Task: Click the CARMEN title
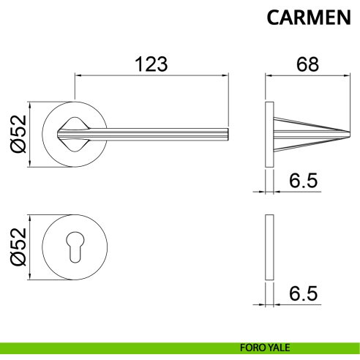tap(309, 18)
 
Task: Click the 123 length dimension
tap(151, 64)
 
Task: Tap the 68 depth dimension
tap(307, 64)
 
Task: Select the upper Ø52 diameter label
tap(18, 134)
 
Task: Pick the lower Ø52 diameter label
tap(18, 247)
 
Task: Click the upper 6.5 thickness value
tap(304, 181)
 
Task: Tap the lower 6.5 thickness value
tap(304, 293)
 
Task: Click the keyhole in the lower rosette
tap(75, 247)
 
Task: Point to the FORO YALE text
tap(265, 348)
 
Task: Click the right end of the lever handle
tap(228, 134)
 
